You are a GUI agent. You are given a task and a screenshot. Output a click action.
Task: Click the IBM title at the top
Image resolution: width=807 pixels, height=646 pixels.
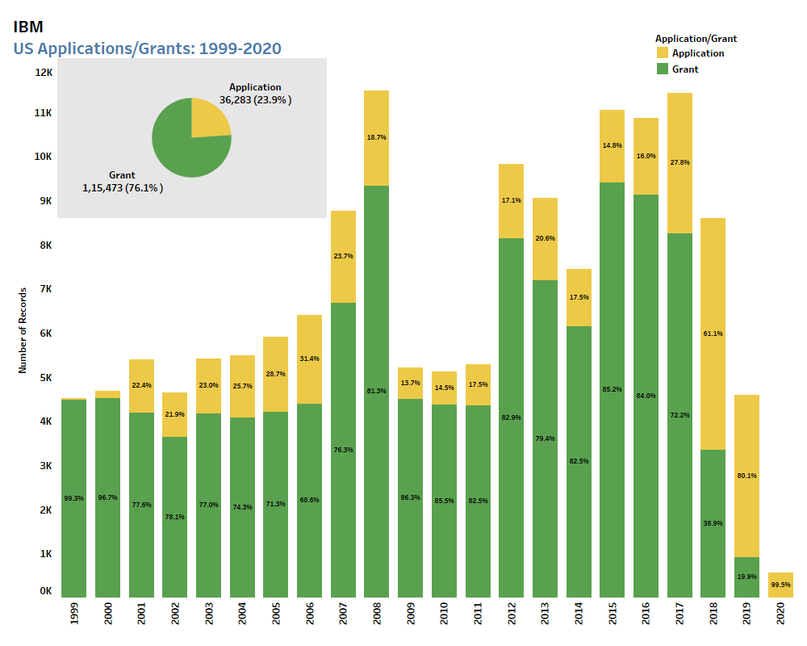28,27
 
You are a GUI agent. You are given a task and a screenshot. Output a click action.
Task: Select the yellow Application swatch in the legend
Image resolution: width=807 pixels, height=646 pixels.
663,52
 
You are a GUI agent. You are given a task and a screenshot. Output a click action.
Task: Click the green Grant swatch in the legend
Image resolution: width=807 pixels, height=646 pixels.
663,69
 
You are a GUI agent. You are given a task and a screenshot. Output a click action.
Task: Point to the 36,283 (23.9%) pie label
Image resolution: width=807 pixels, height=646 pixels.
256,100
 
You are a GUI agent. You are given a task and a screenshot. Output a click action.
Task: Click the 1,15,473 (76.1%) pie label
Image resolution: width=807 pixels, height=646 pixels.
123,187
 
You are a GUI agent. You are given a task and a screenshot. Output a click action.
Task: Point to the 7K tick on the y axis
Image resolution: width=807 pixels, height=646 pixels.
44,288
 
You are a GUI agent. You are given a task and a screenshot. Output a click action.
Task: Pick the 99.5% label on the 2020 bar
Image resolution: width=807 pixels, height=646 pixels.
780,585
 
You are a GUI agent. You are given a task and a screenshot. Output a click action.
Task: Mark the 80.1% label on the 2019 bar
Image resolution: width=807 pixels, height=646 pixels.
746,476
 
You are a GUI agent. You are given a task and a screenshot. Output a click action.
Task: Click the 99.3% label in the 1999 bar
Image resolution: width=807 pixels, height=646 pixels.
74,498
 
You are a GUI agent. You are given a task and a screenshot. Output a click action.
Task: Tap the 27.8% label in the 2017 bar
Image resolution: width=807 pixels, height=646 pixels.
679,162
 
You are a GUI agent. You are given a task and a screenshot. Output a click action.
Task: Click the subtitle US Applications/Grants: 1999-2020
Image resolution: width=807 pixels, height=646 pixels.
148,48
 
